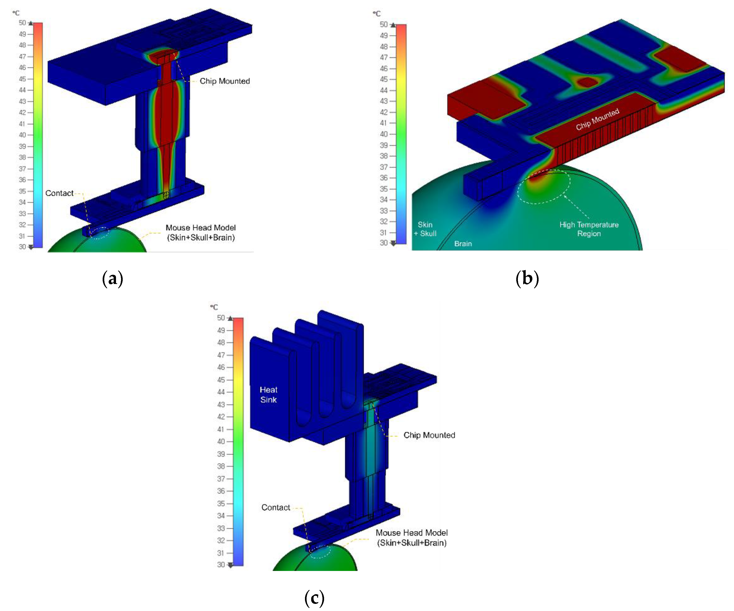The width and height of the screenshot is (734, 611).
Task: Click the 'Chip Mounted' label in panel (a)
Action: click(x=225, y=81)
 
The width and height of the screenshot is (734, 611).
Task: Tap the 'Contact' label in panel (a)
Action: click(x=59, y=193)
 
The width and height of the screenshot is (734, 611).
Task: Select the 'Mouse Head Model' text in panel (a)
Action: click(x=201, y=228)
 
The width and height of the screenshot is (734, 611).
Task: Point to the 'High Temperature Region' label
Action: click(x=589, y=229)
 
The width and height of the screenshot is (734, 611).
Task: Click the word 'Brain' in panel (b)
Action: click(x=463, y=244)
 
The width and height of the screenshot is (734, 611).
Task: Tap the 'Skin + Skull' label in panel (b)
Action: click(x=425, y=229)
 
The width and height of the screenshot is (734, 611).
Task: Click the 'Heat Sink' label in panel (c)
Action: click(x=268, y=395)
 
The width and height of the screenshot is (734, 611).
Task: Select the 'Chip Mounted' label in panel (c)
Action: click(x=429, y=435)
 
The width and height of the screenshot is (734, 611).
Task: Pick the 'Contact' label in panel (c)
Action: click(x=276, y=507)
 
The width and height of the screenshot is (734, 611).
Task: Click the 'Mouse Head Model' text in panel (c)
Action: click(x=412, y=533)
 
